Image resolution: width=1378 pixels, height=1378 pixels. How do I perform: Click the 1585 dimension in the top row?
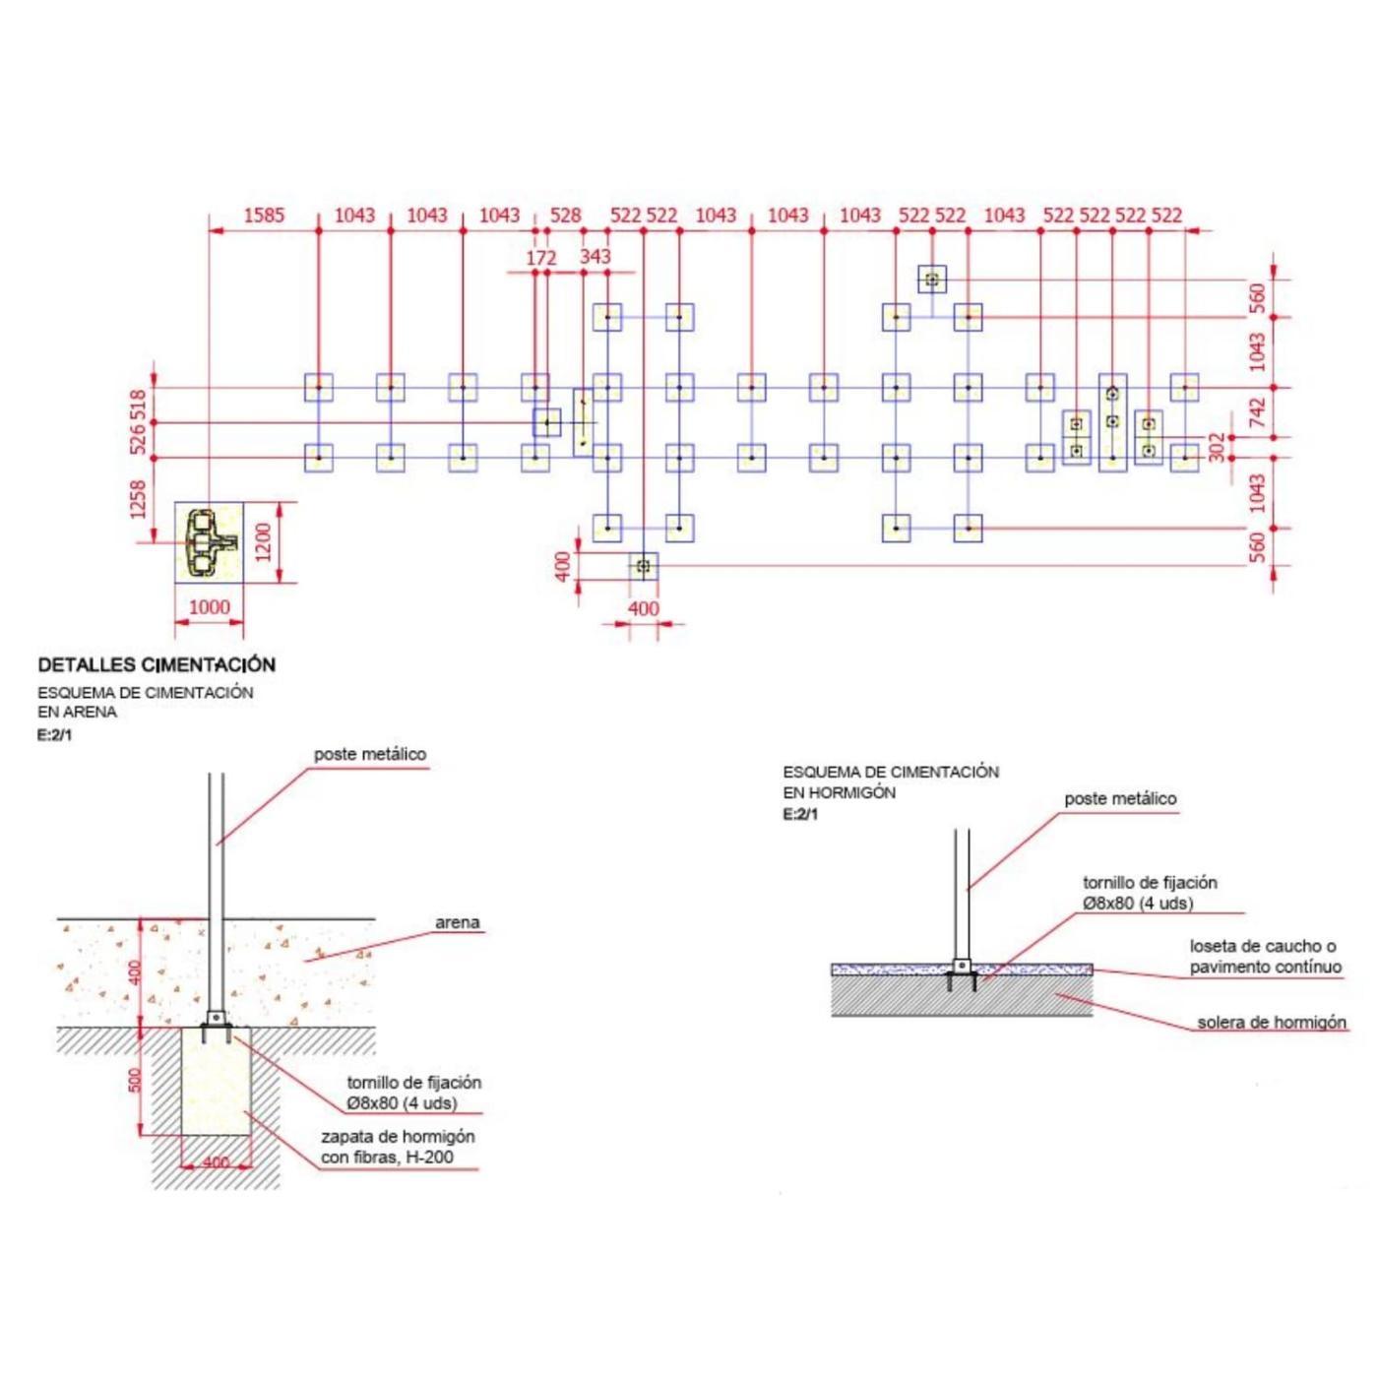pos(264,215)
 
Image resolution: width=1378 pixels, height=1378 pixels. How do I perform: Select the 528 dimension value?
pos(565,215)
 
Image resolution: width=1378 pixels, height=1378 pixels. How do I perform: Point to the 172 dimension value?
pos(541,258)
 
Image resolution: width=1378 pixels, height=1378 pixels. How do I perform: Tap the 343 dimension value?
pos(595,257)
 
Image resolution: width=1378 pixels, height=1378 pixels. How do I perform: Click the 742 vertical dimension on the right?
pos(1257,412)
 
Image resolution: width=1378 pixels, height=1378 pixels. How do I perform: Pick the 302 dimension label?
pos(1218,447)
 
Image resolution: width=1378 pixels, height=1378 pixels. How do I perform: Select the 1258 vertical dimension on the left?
pos(138,499)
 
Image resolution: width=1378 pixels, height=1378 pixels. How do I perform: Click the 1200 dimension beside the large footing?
pos(263,542)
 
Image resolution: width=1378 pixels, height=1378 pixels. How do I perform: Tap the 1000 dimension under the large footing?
pos(209,607)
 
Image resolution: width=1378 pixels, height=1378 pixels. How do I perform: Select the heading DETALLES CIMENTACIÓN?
pos(157,665)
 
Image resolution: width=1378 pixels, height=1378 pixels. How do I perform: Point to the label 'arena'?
pos(457,923)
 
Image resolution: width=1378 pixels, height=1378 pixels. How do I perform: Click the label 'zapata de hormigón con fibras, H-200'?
pos(397,1147)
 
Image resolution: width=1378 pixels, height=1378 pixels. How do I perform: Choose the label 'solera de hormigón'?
pos(1271,1023)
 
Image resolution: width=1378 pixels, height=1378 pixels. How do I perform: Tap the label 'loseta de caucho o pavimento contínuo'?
pos(1264,957)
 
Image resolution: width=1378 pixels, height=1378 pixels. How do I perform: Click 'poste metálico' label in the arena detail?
pos(370,755)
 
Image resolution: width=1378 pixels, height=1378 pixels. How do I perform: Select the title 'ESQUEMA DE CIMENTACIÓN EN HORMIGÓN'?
pos(890,783)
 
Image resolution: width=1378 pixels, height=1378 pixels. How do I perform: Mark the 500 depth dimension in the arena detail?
pos(136,1080)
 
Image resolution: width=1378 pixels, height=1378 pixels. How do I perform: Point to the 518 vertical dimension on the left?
pos(138,405)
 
